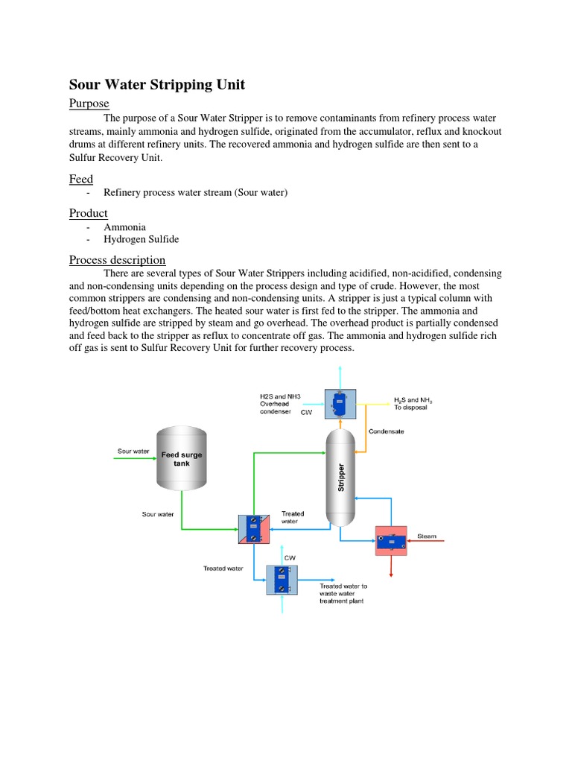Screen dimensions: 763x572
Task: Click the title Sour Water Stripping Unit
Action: click(x=157, y=85)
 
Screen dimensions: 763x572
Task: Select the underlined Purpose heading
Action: click(x=89, y=103)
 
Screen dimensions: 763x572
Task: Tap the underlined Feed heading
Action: click(x=81, y=179)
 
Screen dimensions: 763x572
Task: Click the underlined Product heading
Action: click(x=89, y=213)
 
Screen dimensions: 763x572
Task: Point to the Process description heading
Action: click(x=118, y=259)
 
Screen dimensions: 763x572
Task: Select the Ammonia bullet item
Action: click(x=125, y=227)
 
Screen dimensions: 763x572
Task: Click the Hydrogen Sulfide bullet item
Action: click(x=142, y=239)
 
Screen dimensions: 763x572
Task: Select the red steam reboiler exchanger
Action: click(x=391, y=539)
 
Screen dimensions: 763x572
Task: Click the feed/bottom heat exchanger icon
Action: click(x=254, y=529)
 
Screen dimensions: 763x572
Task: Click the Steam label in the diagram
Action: click(x=427, y=536)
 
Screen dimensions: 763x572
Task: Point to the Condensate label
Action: click(x=386, y=431)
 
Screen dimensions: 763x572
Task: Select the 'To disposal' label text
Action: click(x=410, y=408)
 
